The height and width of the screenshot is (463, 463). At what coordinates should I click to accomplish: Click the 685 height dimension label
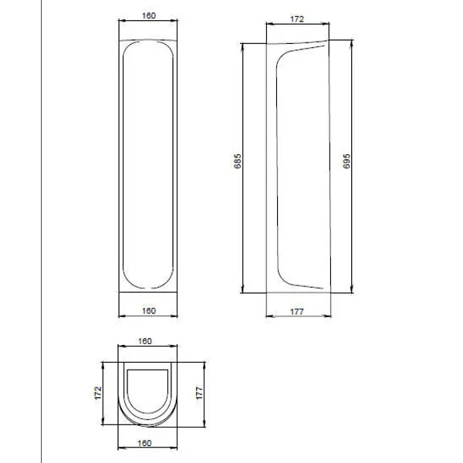click(x=238, y=161)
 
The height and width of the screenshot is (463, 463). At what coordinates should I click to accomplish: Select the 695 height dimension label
click(x=346, y=161)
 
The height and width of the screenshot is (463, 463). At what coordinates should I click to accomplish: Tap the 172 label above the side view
click(x=297, y=19)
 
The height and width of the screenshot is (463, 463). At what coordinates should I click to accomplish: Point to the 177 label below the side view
click(x=297, y=312)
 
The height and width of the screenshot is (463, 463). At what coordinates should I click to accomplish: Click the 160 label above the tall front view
click(x=149, y=15)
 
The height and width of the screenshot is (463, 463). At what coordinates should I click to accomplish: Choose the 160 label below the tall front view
click(x=149, y=311)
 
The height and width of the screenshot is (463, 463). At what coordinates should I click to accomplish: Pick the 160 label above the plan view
click(x=145, y=341)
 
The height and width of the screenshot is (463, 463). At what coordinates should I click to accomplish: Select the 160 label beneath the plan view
click(x=145, y=443)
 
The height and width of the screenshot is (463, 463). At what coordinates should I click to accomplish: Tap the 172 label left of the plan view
click(x=98, y=393)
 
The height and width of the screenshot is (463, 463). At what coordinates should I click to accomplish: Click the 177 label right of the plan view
click(x=200, y=393)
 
